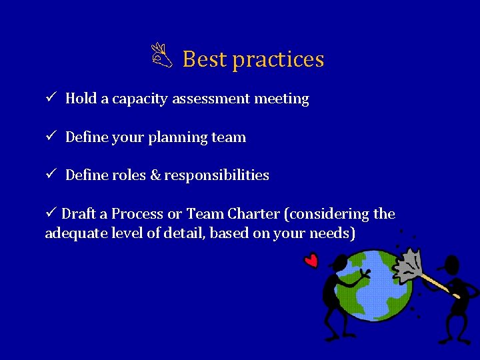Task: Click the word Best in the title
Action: click(x=205, y=59)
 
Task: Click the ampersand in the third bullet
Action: click(x=155, y=175)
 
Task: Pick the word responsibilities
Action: click(x=217, y=175)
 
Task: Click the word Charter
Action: click(x=253, y=214)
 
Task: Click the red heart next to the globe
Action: click(x=311, y=260)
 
